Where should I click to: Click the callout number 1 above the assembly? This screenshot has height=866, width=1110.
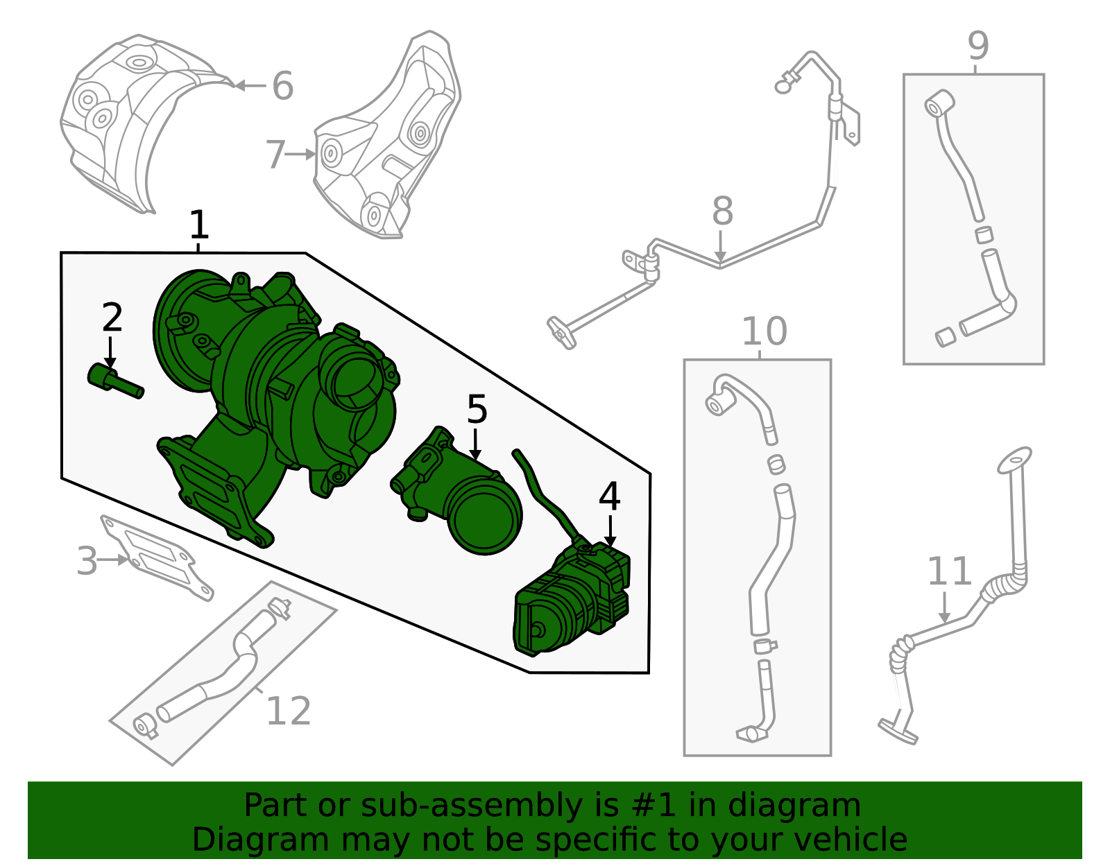[199, 225]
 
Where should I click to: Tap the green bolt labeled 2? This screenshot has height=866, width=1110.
[114, 381]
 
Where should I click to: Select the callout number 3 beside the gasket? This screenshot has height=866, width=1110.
[87, 561]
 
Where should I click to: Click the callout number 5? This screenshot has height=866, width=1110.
[477, 409]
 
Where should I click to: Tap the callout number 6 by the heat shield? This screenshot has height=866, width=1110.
[282, 86]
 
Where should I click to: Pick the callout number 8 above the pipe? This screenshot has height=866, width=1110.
[722, 211]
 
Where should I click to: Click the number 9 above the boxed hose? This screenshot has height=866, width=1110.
[978, 46]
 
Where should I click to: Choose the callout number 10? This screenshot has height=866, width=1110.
[764, 331]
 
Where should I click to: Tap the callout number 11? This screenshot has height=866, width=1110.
[949, 571]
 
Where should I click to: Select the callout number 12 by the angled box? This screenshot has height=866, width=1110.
[289, 711]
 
